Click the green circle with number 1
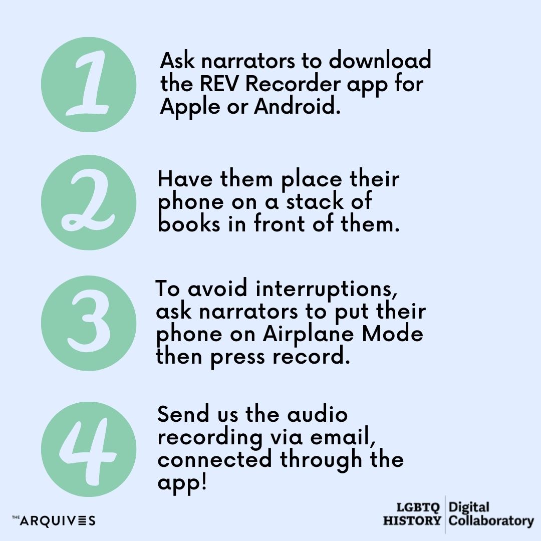pyautogui.click(x=89, y=85)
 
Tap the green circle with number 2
pyautogui.click(x=89, y=202)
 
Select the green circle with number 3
pyautogui.click(x=89, y=323)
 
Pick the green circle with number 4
pyautogui.click(x=89, y=449)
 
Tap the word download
pyautogui.click(x=380, y=60)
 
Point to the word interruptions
pyautogui.click(x=327, y=289)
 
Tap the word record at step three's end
pyautogui.click(x=311, y=356)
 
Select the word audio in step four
pyautogui.click(x=318, y=414)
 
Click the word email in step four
pyautogui.click(x=343, y=437)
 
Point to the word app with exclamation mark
pyautogui.click(x=182, y=483)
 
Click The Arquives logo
pyautogui.click(x=54, y=520)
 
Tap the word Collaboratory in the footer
pyautogui.click(x=491, y=520)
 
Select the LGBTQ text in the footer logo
pyautogui.click(x=418, y=507)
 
